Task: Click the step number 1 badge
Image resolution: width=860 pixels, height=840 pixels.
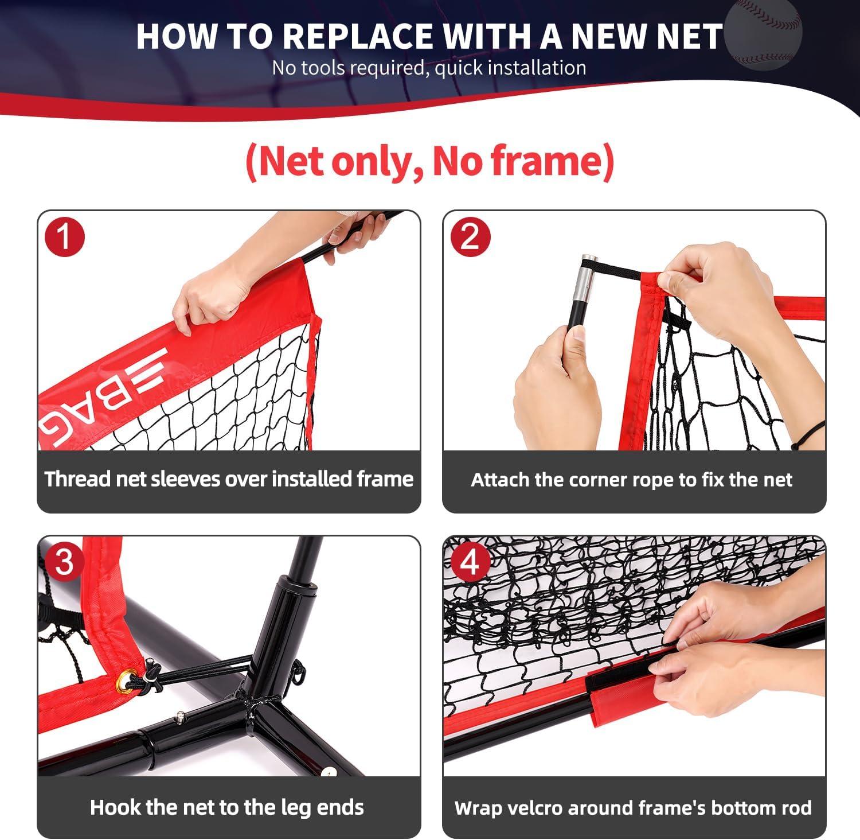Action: point(65,236)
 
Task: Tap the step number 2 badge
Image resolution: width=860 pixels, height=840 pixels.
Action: point(470,236)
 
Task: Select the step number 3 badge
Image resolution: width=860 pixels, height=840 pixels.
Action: point(64,562)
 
